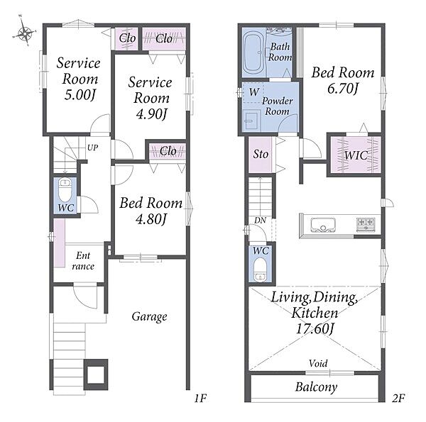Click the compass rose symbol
click(x=25, y=33)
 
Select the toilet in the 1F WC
click(x=65, y=189)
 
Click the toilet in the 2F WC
click(x=261, y=269)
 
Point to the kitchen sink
click(x=323, y=225)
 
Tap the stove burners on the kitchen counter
click(x=366, y=225)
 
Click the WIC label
click(x=356, y=155)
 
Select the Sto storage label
click(x=261, y=154)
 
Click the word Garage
click(x=149, y=317)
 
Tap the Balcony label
click(x=316, y=387)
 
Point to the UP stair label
click(x=92, y=148)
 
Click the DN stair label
click(x=260, y=221)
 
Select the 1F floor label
click(x=200, y=399)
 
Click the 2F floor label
click(x=398, y=399)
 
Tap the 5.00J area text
click(x=80, y=95)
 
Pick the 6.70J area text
click(x=343, y=89)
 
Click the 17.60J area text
click(x=315, y=329)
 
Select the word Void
click(x=318, y=363)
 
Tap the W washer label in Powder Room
click(x=254, y=92)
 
